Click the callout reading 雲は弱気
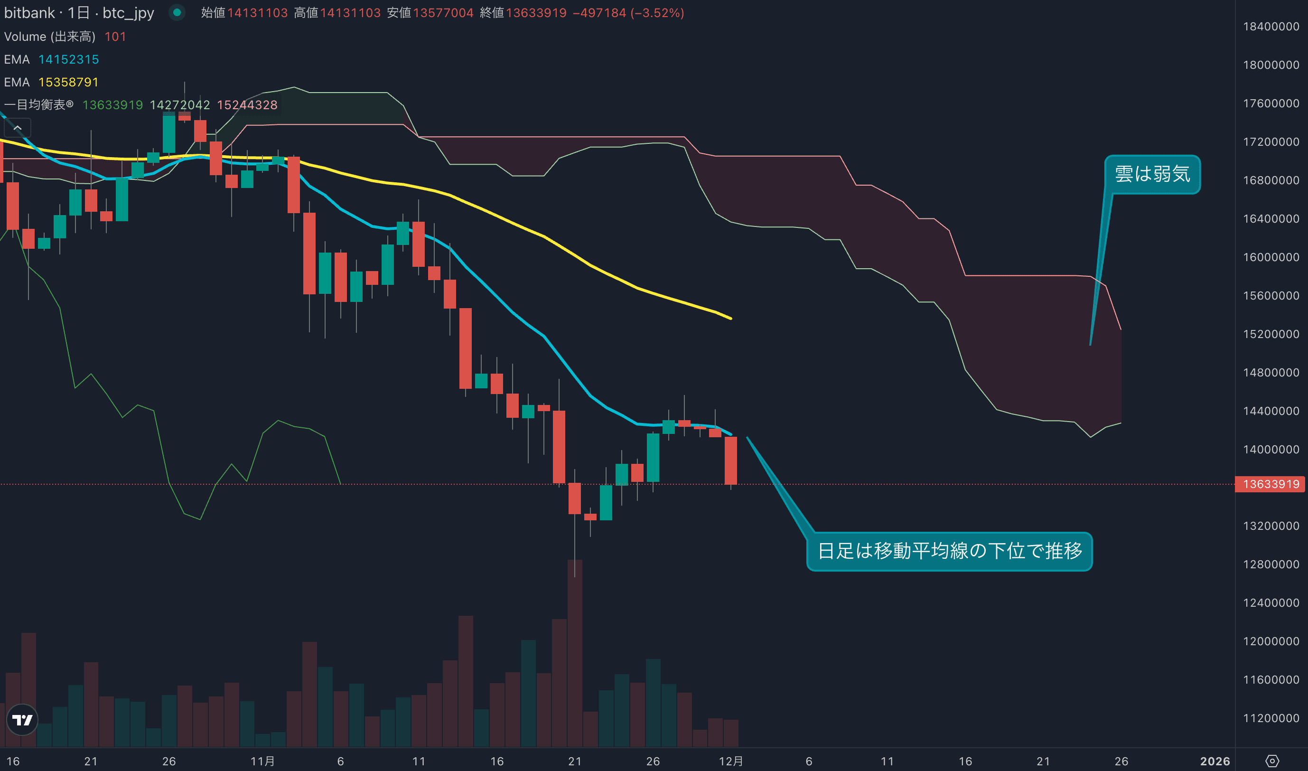click(1152, 174)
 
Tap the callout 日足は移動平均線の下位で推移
click(949, 551)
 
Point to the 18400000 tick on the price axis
click(1271, 27)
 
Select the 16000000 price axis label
click(1271, 257)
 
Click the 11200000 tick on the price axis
click(1271, 718)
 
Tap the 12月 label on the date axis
click(730, 761)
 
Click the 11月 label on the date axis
click(263, 761)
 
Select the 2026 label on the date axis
click(1215, 761)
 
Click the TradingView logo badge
click(22, 720)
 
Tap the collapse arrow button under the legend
click(18, 128)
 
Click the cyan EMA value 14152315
click(68, 59)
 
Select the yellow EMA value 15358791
click(68, 82)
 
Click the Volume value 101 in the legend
click(115, 37)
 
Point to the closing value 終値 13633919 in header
click(536, 12)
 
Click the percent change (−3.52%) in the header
click(657, 12)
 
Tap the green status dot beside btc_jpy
click(177, 12)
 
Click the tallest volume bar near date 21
click(574, 652)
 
